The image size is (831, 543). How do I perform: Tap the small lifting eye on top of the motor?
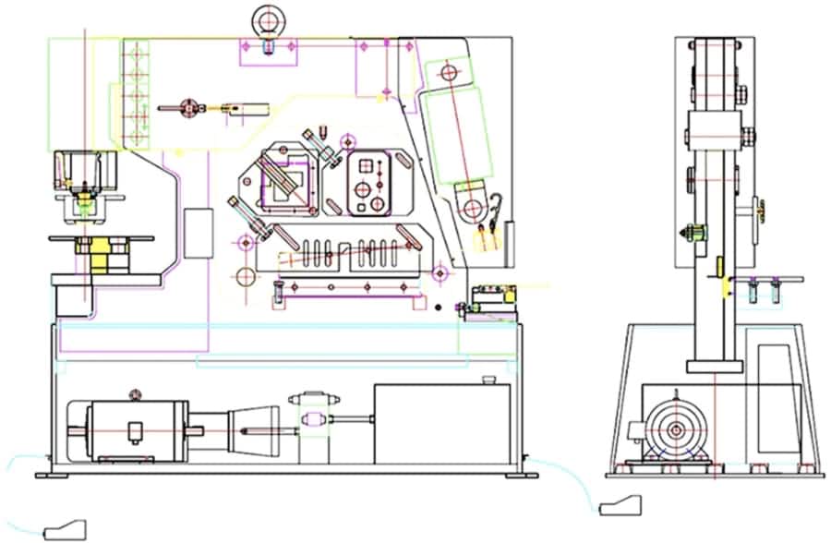(x=136, y=395)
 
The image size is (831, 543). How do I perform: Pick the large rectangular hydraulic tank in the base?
(x=442, y=424)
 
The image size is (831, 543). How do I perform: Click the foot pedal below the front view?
(x=65, y=529)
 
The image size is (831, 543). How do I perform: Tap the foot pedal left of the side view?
(x=620, y=505)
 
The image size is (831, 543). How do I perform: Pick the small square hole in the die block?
(x=367, y=166)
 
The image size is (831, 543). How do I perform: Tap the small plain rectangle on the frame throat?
(x=198, y=233)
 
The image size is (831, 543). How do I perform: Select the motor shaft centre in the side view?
(x=677, y=430)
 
